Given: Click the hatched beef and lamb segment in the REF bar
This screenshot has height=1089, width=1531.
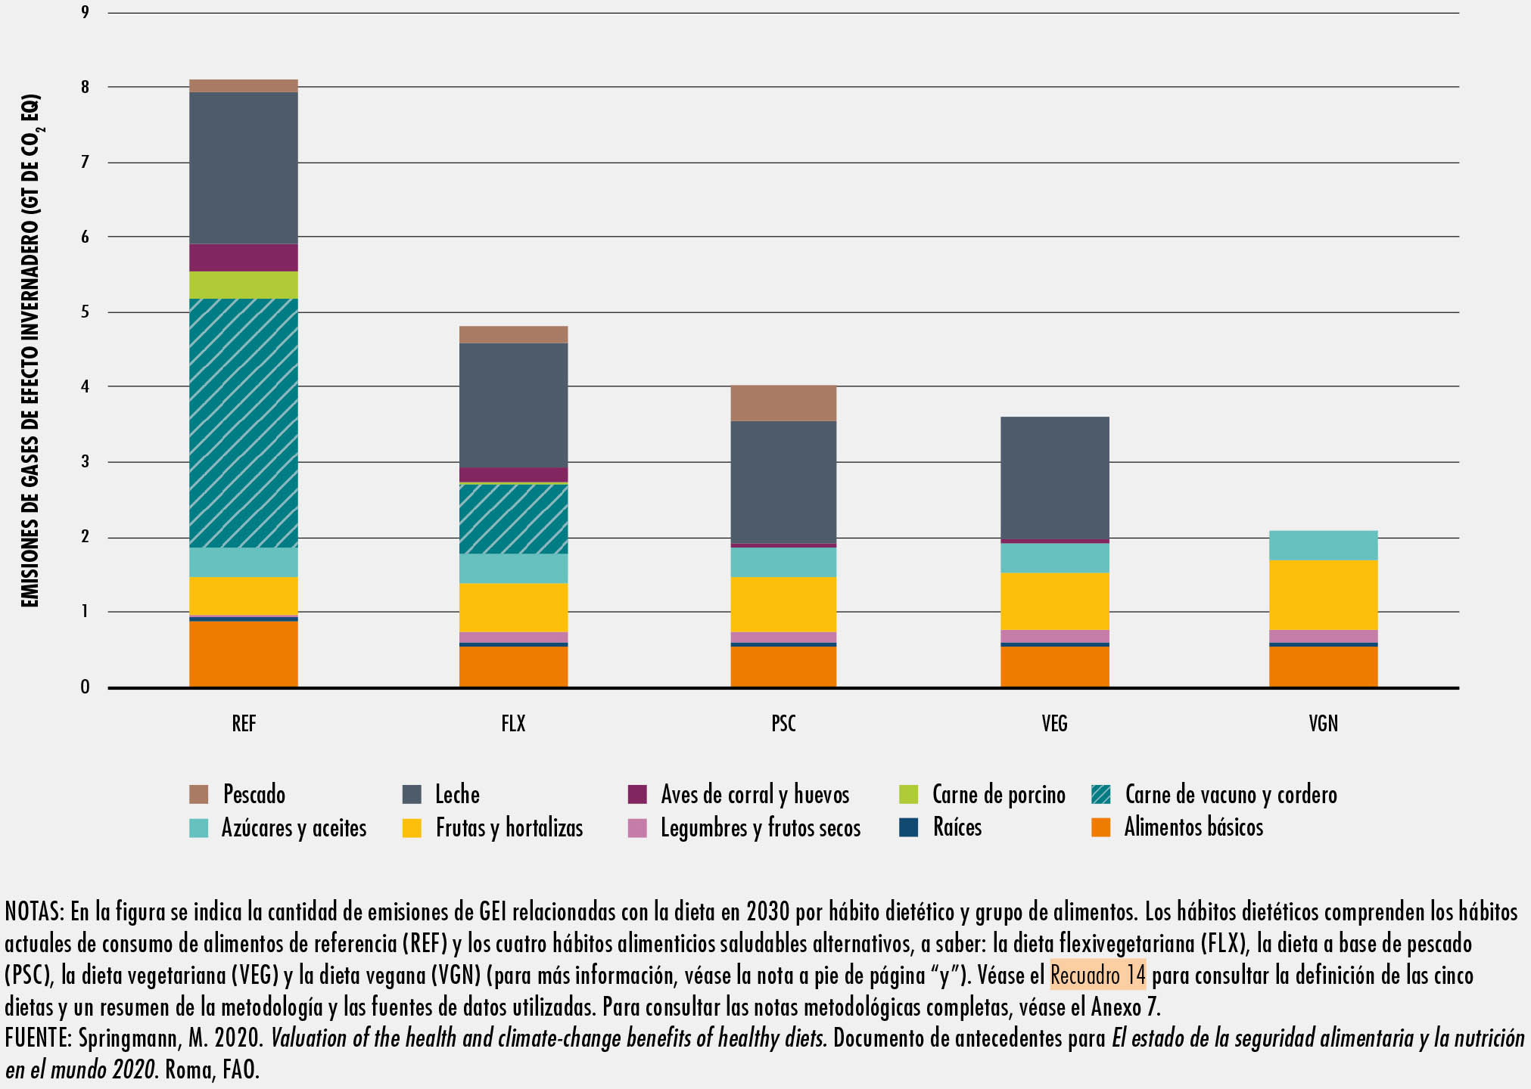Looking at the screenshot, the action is pyautogui.click(x=243, y=423).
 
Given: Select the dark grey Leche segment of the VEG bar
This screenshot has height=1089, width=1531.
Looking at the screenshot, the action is pyautogui.click(x=1054, y=478).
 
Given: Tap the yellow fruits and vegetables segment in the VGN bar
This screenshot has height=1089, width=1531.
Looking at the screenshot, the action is pyautogui.click(x=1323, y=595).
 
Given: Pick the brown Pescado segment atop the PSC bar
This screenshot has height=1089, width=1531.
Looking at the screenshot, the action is pyautogui.click(x=783, y=403).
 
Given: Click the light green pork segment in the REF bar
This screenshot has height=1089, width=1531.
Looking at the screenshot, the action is pyautogui.click(x=243, y=285).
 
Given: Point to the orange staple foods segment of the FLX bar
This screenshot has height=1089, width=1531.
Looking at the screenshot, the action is pyautogui.click(x=513, y=666).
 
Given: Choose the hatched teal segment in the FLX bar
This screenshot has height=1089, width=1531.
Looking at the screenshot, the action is pyautogui.click(x=513, y=519).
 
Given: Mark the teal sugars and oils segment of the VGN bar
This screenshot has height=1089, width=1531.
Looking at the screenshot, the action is pyautogui.click(x=1323, y=545).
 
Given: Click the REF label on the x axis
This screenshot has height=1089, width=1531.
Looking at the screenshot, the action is pyautogui.click(x=244, y=724).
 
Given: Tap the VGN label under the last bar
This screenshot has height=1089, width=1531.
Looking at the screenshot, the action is pyautogui.click(x=1324, y=724).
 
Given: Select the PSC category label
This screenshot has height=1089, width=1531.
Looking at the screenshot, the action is pyautogui.click(x=783, y=724).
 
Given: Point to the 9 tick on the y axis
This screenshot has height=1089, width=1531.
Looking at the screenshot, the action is pyautogui.click(x=86, y=12).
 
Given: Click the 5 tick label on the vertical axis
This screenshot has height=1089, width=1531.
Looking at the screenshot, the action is pyautogui.click(x=86, y=312).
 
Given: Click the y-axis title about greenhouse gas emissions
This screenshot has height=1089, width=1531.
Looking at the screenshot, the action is pyautogui.click(x=30, y=350).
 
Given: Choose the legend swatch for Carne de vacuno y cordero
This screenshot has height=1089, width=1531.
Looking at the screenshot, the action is pyautogui.click(x=1101, y=795).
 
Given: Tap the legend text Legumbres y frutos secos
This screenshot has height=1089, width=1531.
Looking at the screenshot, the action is pyautogui.click(x=761, y=828).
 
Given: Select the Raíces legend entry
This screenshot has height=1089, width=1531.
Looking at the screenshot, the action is pyautogui.click(x=941, y=827).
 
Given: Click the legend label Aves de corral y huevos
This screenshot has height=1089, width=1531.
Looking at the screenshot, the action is pyautogui.click(x=755, y=795).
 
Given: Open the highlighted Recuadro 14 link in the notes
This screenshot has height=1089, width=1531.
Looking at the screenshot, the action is pyautogui.click(x=1097, y=975).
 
